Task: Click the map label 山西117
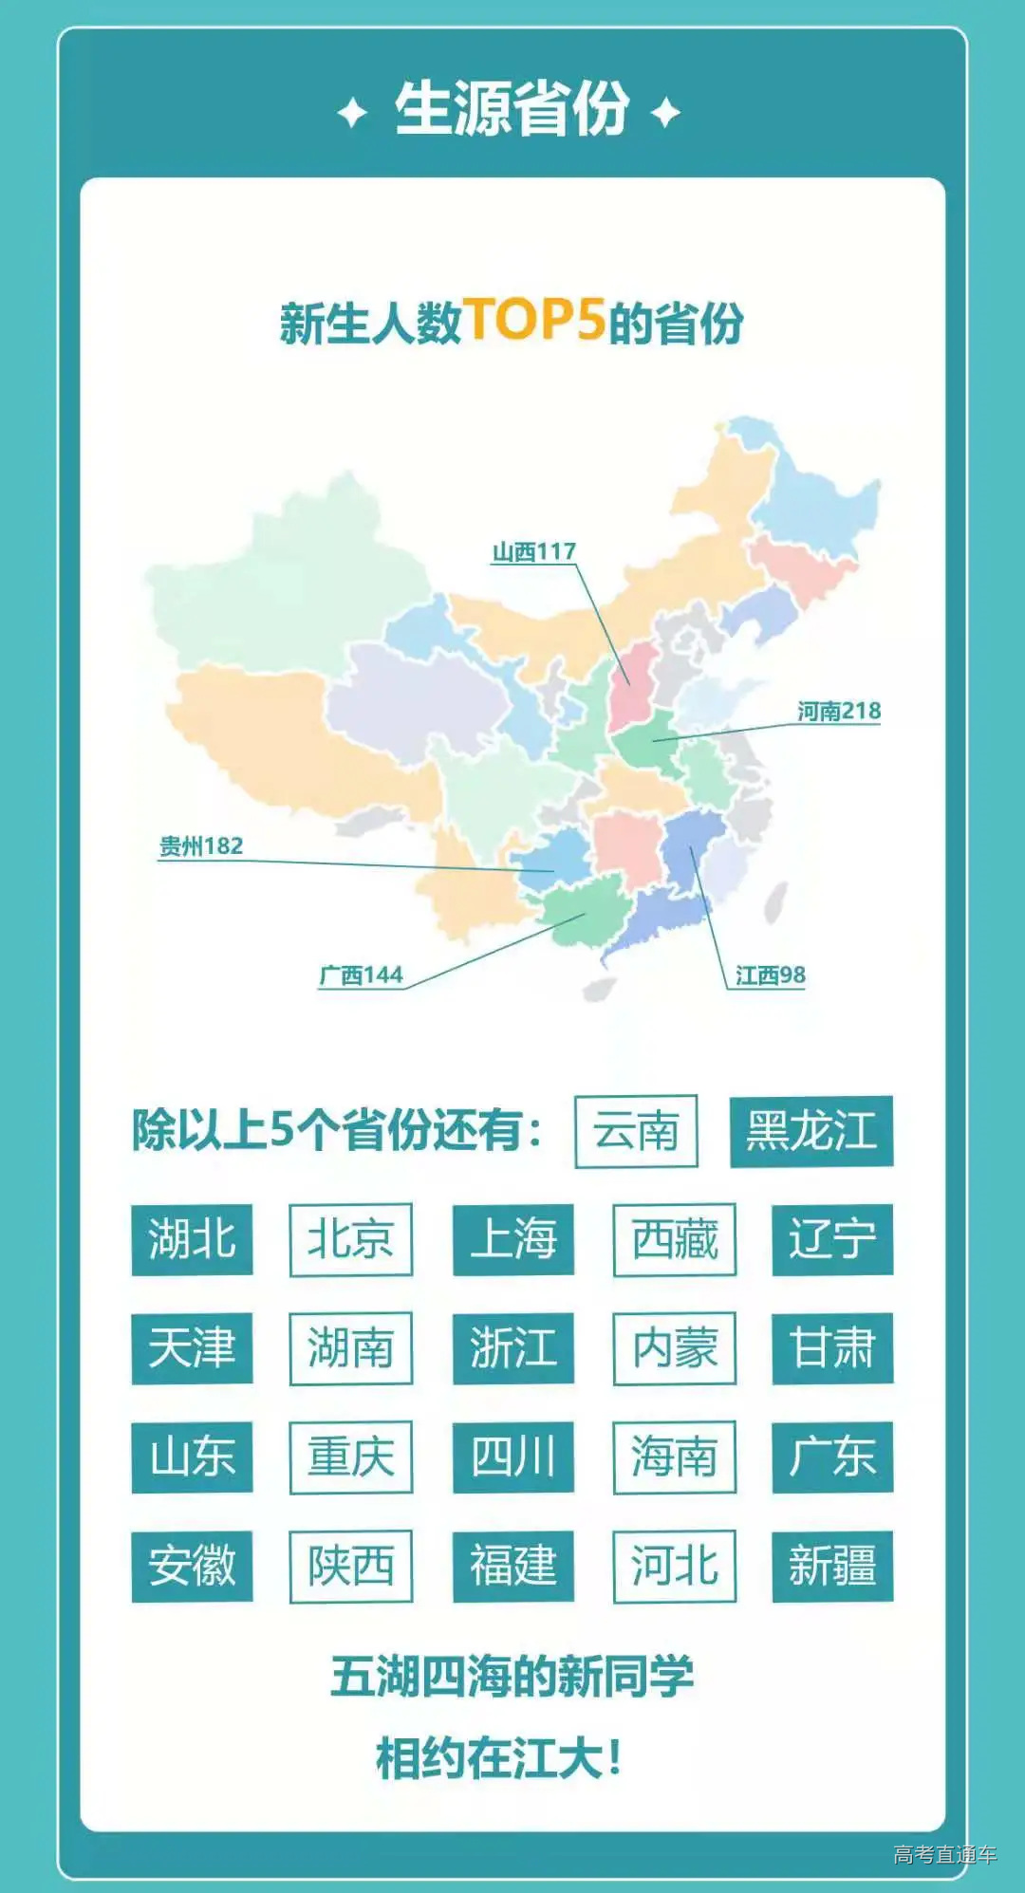(x=533, y=551)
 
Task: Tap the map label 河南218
(x=839, y=711)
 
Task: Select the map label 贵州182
(x=201, y=845)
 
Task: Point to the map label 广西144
(x=361, y=974)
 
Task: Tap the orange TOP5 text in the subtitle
(x=534, y=320)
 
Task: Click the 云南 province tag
(x=636, y=1131)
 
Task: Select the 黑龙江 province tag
(x=811, y=1131)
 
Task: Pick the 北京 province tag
(x=350, y=1239)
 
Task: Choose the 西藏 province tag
(x=675, y=1239)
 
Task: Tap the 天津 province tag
(x=192, y=1348)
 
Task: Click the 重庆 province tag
(x=350, y=1457)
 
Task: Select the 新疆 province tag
(x=832, y=1566)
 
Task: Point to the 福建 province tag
(x=513, y=1566)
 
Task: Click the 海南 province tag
(x=675, y=1457)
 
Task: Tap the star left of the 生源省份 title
(x=352, y=113)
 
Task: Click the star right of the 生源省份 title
(x=665, y=113)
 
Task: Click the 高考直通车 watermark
(x=944, y=1854)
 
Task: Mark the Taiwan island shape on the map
(x=775, y=902)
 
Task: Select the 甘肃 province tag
(x=832, y=1348)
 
